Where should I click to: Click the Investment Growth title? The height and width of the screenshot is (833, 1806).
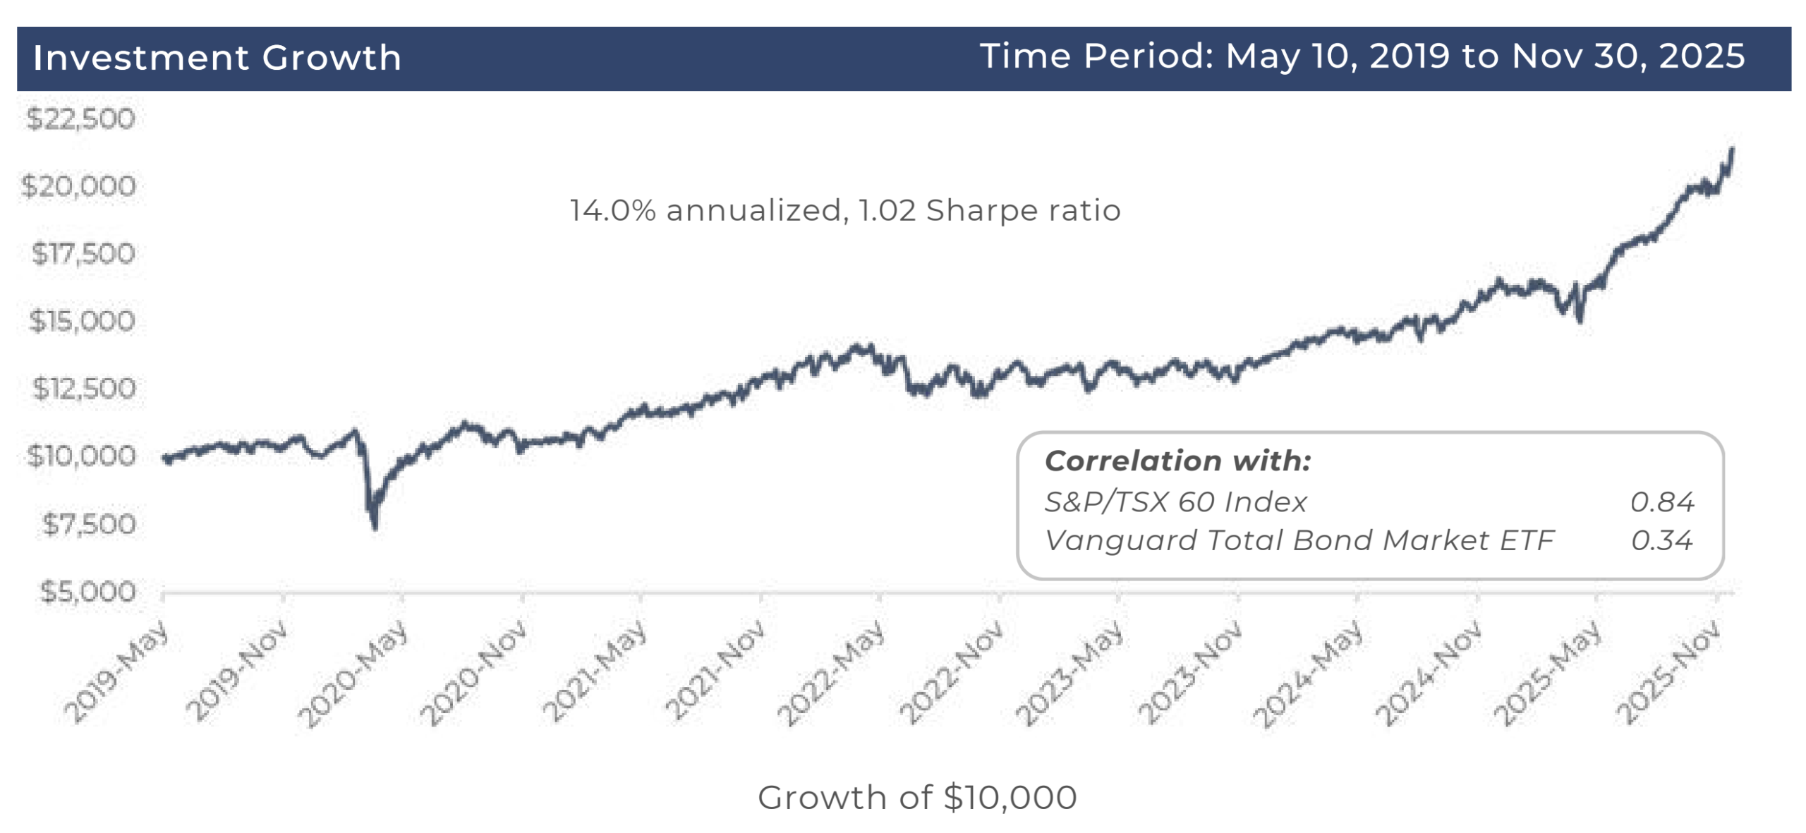(217, 58)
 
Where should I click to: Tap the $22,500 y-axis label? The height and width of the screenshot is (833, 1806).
(80, 118)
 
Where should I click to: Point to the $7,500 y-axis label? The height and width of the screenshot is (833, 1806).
(89, 524)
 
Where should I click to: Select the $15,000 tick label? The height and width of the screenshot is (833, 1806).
(82, 322)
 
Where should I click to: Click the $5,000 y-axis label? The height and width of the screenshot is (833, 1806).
(87, 592)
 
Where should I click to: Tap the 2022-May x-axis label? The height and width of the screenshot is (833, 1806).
(831, 671)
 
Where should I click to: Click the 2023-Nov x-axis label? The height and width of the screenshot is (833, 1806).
(1189, 671)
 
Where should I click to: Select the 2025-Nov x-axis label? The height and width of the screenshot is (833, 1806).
(1669, 671)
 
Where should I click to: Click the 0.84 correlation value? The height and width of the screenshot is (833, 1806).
(1661, 502)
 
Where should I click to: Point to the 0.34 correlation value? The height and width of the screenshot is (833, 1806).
(1661, 541)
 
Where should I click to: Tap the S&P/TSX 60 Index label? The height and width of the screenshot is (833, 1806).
(1175, 502)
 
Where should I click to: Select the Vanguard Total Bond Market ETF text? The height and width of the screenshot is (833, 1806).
(1299, 541)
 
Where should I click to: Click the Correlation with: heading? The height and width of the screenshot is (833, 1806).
(1177, 461)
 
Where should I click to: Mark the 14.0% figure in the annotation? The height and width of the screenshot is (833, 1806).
(612, 211)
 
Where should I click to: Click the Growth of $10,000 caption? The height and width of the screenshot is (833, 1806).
(917, 798)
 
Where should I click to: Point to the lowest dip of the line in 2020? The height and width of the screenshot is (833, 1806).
(375, 526)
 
